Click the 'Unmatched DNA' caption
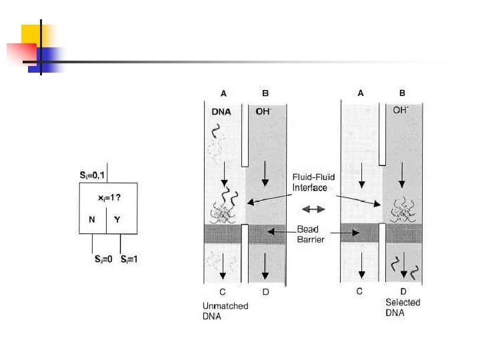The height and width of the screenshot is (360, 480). point(225,311)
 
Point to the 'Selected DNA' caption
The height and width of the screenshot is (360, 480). point(403,307)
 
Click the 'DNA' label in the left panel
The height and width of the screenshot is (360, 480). point(221,112)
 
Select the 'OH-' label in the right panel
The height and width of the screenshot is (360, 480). point(401,110)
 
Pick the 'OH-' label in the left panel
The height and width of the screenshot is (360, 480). point(263,112)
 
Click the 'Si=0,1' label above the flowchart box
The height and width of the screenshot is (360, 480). point(93,175)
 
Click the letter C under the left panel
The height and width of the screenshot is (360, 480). point(222,292)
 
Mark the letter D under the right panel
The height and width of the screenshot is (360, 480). point(403,291)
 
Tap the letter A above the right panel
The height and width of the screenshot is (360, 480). point(361,93)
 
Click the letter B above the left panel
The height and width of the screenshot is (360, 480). point(265,94)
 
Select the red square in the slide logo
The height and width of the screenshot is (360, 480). point(21,53)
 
